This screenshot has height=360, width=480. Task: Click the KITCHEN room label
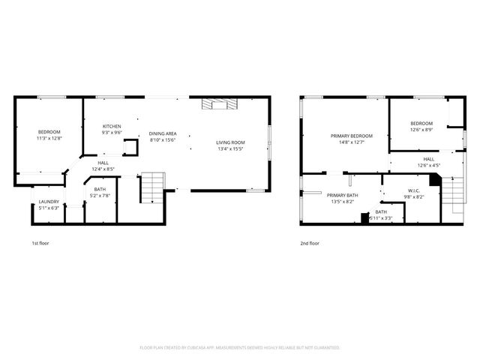[112, 126]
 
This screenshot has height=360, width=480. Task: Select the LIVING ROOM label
[230, 142]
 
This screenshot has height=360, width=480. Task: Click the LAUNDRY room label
[49, 201]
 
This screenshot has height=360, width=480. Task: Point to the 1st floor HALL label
[103, 163]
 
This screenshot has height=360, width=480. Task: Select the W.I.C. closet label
[415, 190]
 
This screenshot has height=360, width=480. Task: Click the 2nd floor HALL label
[428, 159]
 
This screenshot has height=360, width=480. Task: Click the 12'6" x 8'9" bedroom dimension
[421, 130]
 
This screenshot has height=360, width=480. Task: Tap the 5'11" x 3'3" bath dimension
[382, 218]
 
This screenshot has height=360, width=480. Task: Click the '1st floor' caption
[40, 244]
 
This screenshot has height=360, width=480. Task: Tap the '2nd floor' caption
[309, 244]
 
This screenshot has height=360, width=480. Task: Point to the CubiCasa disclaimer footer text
[240, 348]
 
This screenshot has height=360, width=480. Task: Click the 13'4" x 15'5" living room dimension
[230, 148]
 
